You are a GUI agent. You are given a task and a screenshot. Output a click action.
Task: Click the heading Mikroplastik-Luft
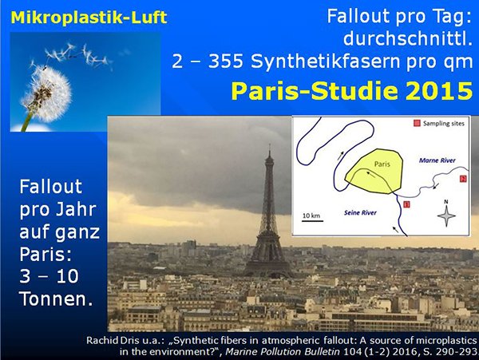pyautogui.click(x=89, y=18)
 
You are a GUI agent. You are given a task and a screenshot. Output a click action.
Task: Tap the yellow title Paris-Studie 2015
pyautogui.click(x=352, y=91)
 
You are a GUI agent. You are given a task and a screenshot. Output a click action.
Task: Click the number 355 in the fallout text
pyautogui.click(x=226, y=61)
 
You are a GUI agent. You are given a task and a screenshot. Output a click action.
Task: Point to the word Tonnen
pyautogui.click(x=56, y=299)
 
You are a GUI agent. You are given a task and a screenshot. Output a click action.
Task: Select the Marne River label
pyautogui.click(x=437, y=160)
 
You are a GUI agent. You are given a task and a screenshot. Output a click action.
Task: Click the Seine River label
pyautogui.click(x=360, y=213)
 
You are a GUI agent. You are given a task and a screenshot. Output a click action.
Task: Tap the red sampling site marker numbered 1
pyautogui.click(x=406, y=204)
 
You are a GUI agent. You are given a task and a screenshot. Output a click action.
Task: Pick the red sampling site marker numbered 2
pyautogui.click(x=463, y=179)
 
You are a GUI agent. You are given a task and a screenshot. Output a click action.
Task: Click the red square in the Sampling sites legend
pyautogui.click(x=417, y=124)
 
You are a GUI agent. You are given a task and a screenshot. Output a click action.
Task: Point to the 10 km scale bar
pyautogui.click(x=312, y=220)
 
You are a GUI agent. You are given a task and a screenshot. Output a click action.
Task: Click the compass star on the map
pyautogui.click(x=446, y=216)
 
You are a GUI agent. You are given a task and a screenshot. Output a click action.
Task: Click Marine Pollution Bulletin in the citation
pyautogui.click(x=283, y=352)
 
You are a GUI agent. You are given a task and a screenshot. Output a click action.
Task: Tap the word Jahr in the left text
pyautogui.click(x=77, y=209)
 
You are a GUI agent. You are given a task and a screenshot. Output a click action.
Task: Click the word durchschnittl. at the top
pyautogui.click(x=408, y=39)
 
